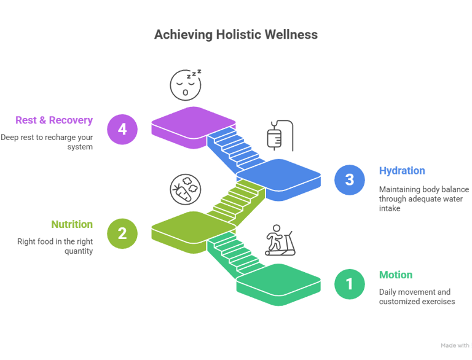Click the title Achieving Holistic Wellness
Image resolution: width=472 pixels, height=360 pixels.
pos(235,34)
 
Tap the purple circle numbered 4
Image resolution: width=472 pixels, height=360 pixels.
pos(122,130)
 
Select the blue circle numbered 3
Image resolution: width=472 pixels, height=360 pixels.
pos(350,179)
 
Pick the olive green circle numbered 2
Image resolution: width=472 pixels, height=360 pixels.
pos(122,233)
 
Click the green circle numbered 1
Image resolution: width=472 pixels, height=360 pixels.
pos(350,284)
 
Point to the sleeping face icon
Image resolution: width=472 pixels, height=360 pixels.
pos(186,85)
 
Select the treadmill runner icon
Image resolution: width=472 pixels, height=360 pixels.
pos(280,241)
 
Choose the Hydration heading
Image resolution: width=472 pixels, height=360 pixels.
pos(402,171)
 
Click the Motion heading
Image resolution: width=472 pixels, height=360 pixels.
pos(395,275)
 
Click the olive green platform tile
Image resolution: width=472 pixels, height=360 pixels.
pos(193,227)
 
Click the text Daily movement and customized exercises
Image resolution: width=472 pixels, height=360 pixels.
pos(417,297)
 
